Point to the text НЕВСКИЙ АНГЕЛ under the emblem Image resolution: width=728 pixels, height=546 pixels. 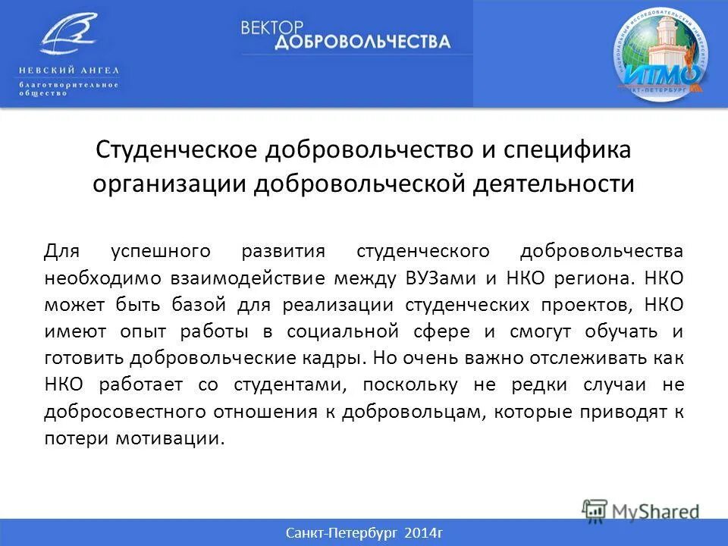pyautogui.click(x=69, y=71)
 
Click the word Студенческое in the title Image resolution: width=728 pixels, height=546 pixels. pyautogui.click(x=175, y=149)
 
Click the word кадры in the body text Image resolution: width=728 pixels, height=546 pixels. pyautogui.click(x=341, y=358)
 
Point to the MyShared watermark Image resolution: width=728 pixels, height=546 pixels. pyautogui.click(x=641, y=510)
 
